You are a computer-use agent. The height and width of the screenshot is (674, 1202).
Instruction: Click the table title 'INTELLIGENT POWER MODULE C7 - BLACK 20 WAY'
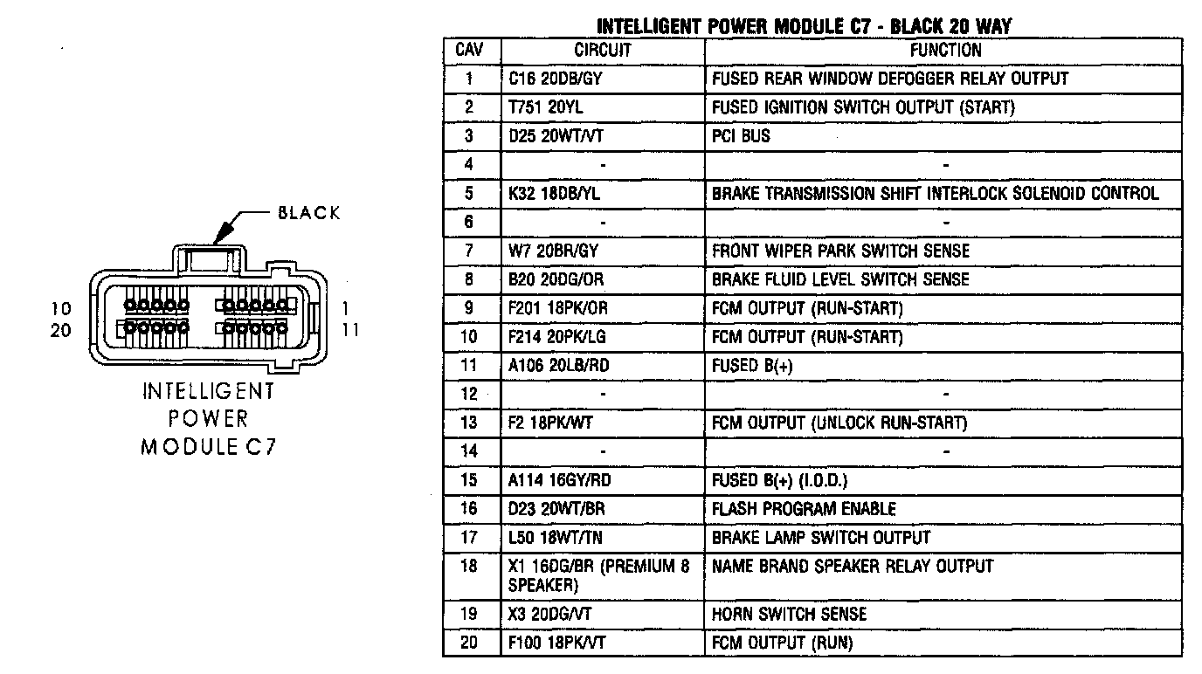[804, 27]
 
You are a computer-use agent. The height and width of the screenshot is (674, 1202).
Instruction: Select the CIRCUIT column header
[603, 51]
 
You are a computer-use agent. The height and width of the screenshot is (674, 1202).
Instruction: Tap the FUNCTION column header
[945, 51]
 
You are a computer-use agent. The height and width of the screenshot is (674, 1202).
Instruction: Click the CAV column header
[470, 51]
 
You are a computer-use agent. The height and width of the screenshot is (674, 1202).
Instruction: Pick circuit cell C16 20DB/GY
[556, 79]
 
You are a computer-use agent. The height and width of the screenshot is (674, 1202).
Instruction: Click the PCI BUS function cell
[742, 136]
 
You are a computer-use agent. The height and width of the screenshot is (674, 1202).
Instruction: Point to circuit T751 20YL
[547, 107]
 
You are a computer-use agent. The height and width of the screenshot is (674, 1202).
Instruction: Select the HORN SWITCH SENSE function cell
[790, 615]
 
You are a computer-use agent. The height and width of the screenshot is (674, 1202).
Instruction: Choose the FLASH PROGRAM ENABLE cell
[804, 509]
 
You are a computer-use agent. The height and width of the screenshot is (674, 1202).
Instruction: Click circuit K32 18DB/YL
[555, 194]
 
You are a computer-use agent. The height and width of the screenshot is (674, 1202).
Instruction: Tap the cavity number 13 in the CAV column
[470, 423]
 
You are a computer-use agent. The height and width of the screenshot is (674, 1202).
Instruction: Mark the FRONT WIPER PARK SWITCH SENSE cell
[840, 251]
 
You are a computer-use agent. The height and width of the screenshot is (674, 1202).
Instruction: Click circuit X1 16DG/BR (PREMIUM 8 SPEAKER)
[598, 575]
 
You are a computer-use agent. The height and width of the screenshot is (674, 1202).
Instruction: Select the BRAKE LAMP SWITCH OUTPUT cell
[821, 538]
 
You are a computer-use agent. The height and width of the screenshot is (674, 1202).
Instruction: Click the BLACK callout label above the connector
[309, 213]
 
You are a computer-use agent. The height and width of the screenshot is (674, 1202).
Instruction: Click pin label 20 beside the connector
[60, 331]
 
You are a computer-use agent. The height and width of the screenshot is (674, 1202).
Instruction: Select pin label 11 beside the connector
[350, 331]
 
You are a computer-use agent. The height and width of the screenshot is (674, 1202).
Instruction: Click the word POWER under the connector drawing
[209, 419]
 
